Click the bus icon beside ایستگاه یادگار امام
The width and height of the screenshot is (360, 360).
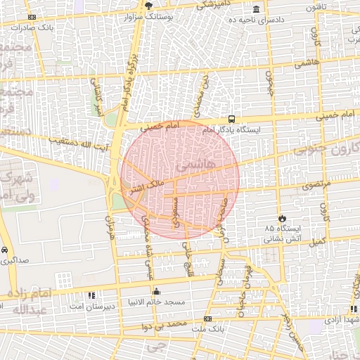tap(232, 120)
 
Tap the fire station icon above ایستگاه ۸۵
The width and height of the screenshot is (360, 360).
tap(283, 219)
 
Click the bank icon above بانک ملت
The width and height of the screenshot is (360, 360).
tap(207, 319)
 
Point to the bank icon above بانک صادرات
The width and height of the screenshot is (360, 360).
tap(31, 18)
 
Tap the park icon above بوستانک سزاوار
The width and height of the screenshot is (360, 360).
tap(148, 5)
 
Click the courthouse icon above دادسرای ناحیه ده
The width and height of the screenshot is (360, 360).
tap(256, 9)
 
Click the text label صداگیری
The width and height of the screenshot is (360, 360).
tap(14, 260)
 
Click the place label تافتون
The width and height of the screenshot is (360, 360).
tap(315, 7)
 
